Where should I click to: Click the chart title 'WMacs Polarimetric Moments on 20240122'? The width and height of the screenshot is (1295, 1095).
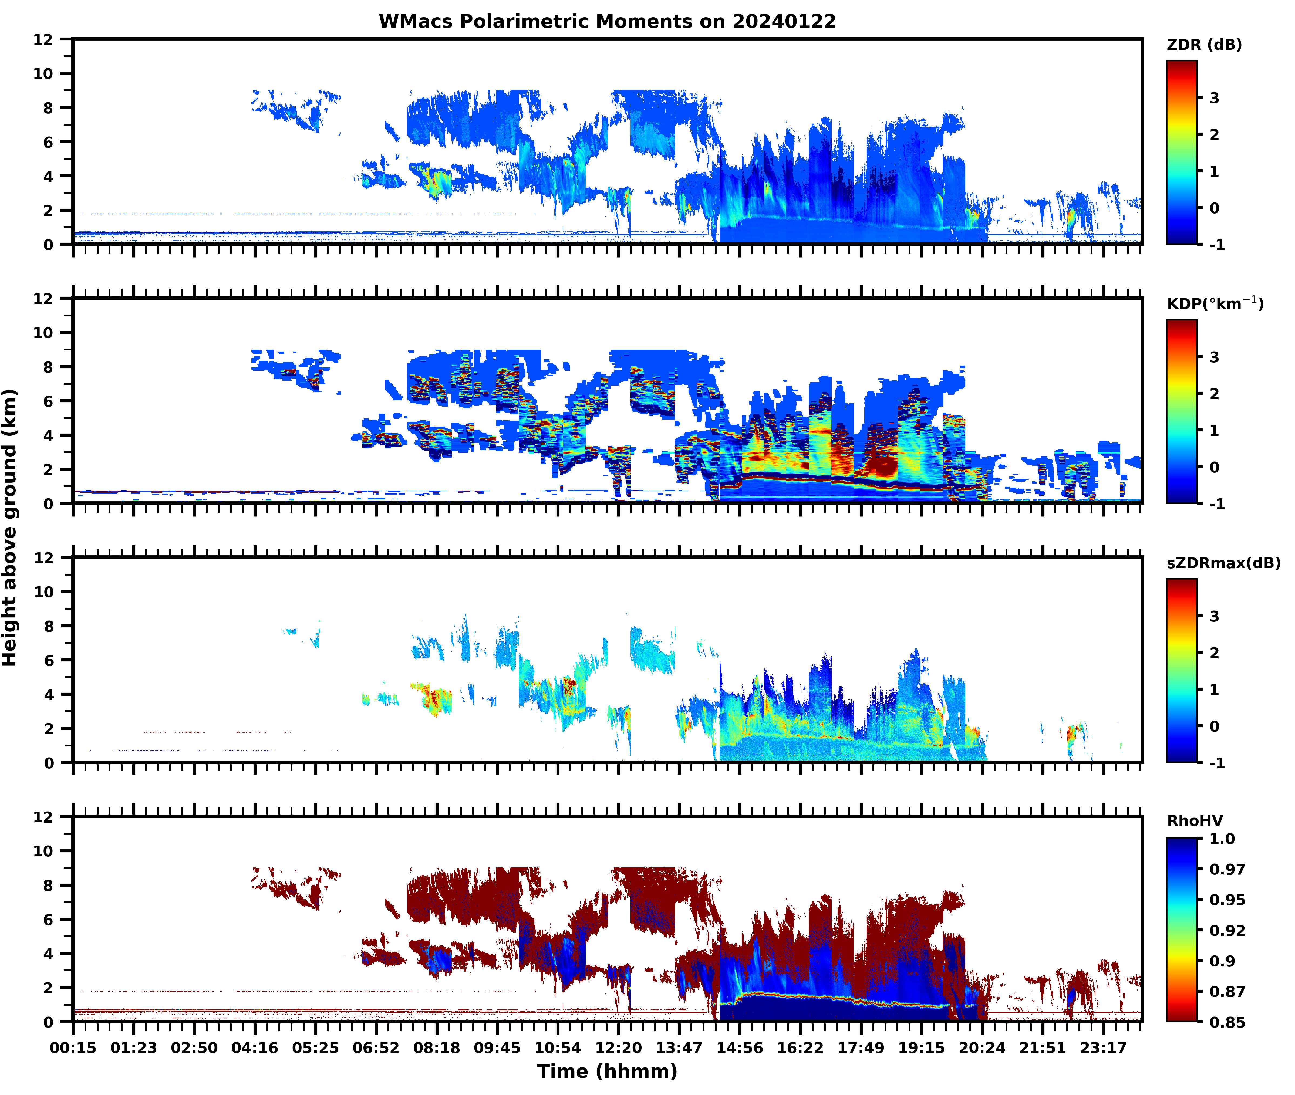click(x=607, y=22)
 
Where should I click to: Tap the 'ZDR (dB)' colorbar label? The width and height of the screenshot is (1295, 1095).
click(x=1204, y=45)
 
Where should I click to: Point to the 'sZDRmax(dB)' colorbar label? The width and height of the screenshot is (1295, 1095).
click(x=1223, y=563)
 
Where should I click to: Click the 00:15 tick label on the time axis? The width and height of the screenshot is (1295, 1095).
click(x=73, y=1048)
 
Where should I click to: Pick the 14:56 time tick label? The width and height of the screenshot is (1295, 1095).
click(x=739, y=1048)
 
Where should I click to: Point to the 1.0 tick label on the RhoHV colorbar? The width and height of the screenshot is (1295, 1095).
click(x=1222, y=839)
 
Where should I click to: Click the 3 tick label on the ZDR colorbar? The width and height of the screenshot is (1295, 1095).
click(x=1214, y=98)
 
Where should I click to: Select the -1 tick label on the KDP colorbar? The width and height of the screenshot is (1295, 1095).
click(x=1217, y=503)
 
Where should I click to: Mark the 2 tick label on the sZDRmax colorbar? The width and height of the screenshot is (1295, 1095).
click(x=1214, y=653)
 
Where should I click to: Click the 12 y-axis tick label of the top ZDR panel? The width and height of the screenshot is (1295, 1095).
click(x=43, y=40)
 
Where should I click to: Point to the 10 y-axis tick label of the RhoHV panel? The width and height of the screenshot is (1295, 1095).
click(x=43, y=851)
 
